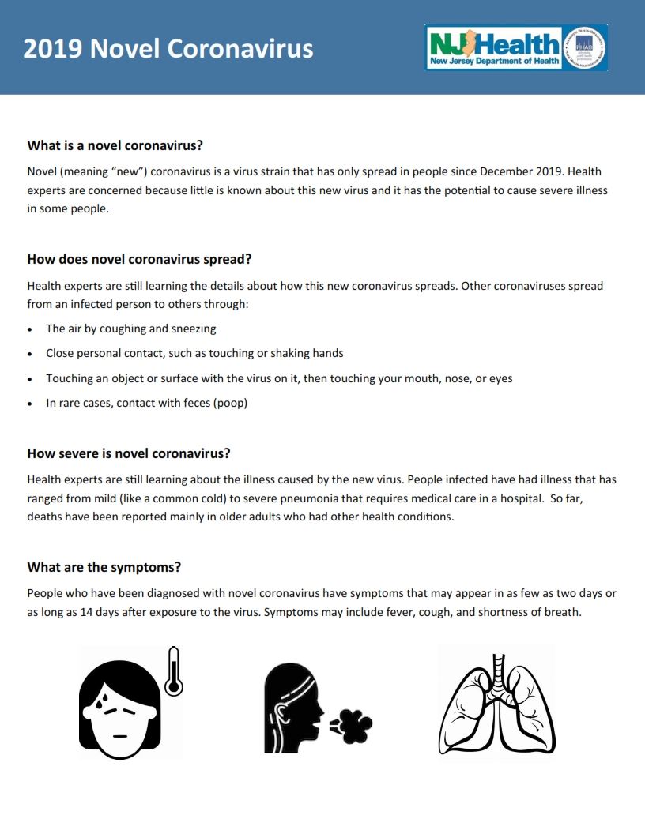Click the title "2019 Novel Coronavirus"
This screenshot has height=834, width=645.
168,49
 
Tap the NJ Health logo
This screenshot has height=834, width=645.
494,47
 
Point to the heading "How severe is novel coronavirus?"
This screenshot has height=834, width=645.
129,453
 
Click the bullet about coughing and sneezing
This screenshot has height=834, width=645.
131,329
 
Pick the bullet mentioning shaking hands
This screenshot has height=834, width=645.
194,353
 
